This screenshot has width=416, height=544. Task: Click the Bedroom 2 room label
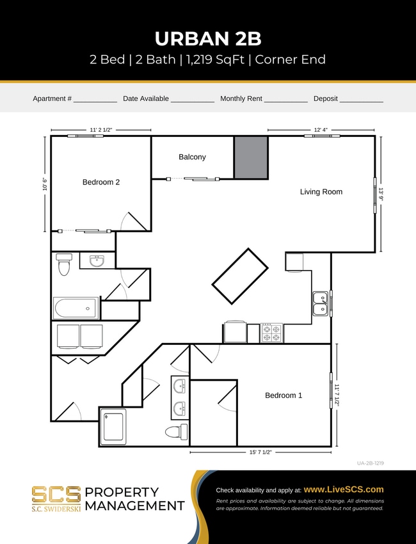tap(101, 182)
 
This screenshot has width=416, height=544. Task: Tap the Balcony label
tap(192, 157)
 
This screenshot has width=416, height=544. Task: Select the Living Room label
tap(321, 192)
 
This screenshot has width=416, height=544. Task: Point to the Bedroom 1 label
tap(284, 396)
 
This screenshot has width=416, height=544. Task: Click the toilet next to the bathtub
tap(63, 264)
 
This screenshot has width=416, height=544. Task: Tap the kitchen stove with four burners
tap(271, 333)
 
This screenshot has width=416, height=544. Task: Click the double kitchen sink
tap(320, 304)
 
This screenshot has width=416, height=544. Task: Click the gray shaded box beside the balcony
tap(250, 157)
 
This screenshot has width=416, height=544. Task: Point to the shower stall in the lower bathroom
tap(113, 426)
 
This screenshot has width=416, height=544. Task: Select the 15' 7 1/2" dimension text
tap(260, 452)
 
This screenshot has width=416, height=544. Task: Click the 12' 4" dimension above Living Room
tap(321, 130)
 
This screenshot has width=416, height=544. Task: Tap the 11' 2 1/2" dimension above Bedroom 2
tap(100, 130)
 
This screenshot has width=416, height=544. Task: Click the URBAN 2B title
tap(207, 38)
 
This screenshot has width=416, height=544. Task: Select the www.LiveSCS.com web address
tap(344, 490)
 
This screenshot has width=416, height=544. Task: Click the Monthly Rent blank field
tap(286, 99)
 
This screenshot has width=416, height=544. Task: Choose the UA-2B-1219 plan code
tap(371, 463)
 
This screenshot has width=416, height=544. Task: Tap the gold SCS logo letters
tap(56, 494)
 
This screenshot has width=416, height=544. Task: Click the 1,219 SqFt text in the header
tap(221, 60)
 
